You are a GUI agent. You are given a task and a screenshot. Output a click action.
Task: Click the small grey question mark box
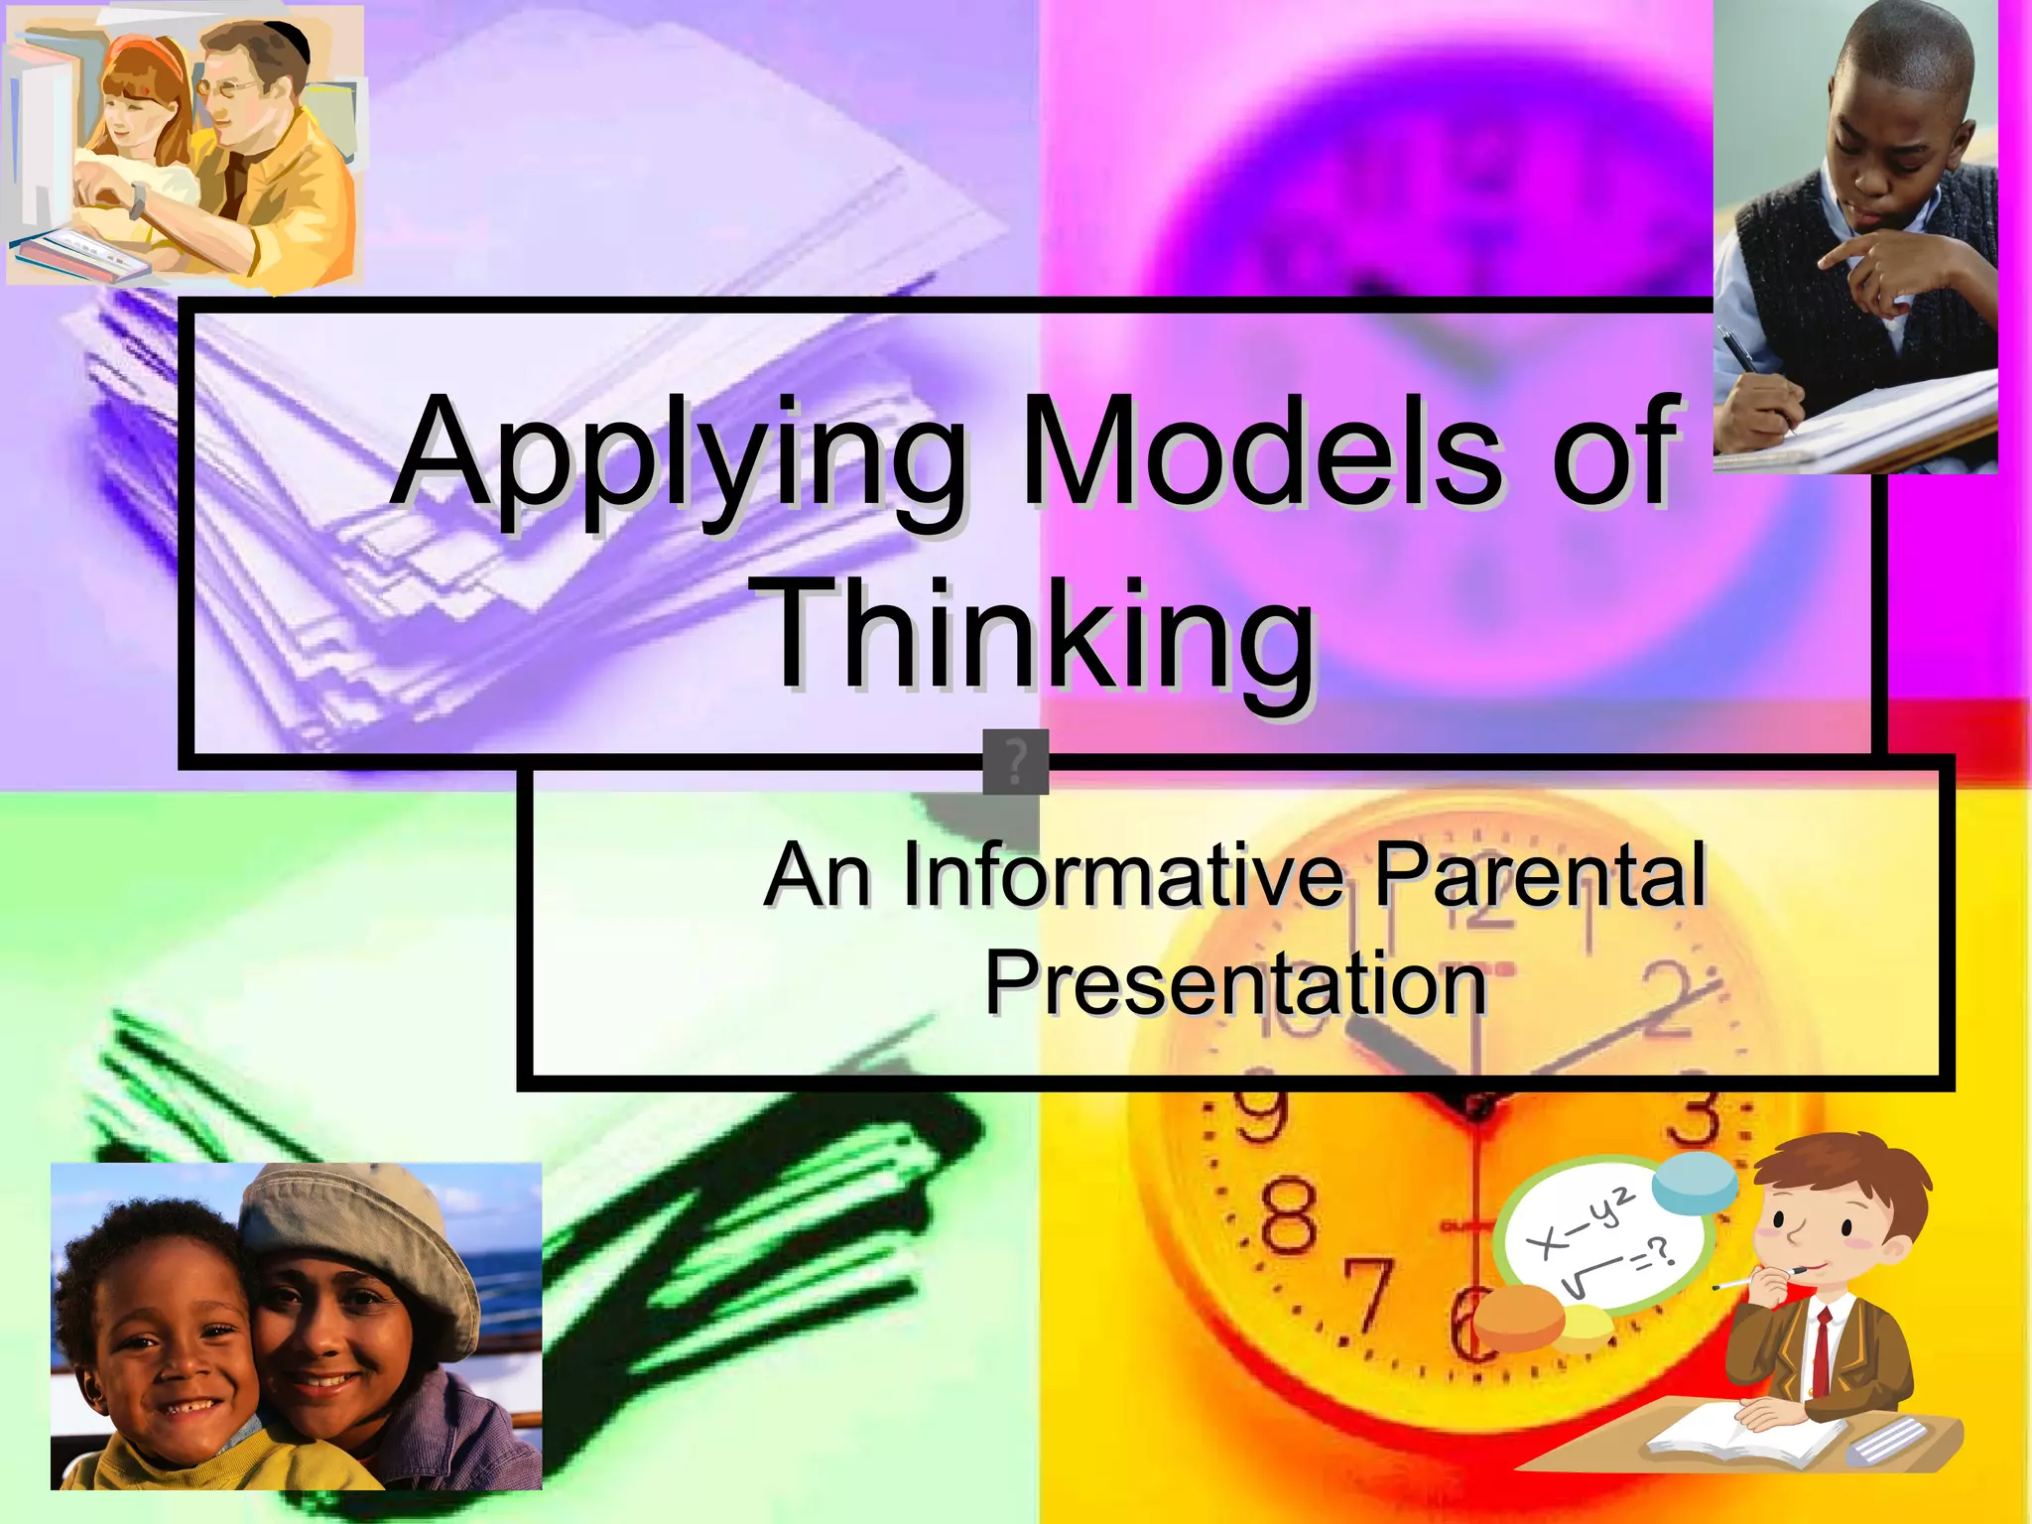click(x=1015, y=762)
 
